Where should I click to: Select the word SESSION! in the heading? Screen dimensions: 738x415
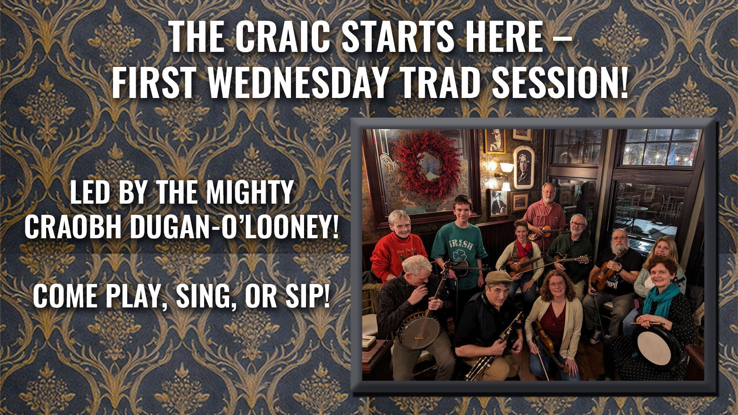557,83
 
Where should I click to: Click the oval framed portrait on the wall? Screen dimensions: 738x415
523,167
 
